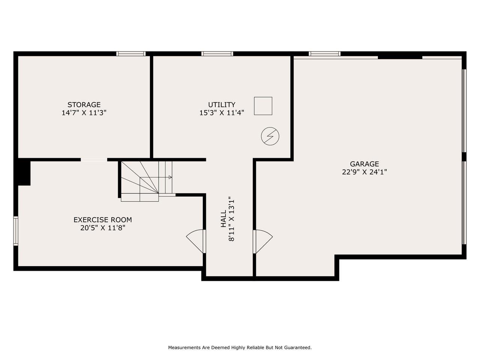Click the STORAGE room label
(x=84, y=105)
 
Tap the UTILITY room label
(x=222, y=105)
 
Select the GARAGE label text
(x=364, y=164)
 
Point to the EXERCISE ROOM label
(x=102, y=220)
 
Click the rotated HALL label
(x=223, y=219)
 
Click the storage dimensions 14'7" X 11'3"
(x=84, y=113)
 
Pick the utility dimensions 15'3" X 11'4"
(x=222, y=113)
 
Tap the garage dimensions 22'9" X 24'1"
(x=364, y=172)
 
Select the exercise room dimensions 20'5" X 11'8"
(x=102, y=228)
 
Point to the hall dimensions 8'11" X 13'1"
(x=231, y=219)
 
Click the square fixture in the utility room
(x=263, y=106)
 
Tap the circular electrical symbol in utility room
(x=270, y=136)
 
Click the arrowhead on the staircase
(x=170, y=177)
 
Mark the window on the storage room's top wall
(x=131, y=54)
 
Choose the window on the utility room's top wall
(x=217, y=54)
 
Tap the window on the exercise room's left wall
(x=16, y=231)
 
